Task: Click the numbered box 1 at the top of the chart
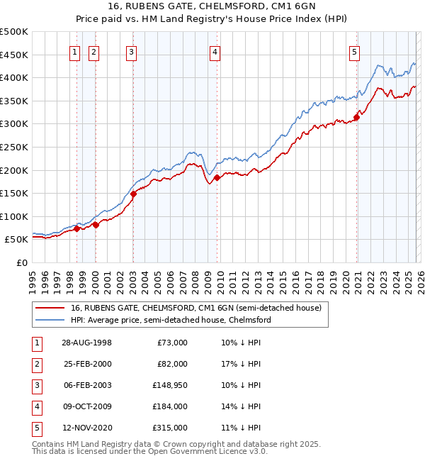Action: tap(74, 51)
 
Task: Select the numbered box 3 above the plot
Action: tap(132, 51)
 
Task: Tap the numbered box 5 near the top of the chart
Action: tap(354, 51)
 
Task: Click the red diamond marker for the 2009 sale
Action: tap(217, 177)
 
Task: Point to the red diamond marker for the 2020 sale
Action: tap(356, 117)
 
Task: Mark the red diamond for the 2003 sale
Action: tap(133, 194)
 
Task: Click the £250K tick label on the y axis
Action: tap(14, 147)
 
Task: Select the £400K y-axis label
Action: tap(14, 77)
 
